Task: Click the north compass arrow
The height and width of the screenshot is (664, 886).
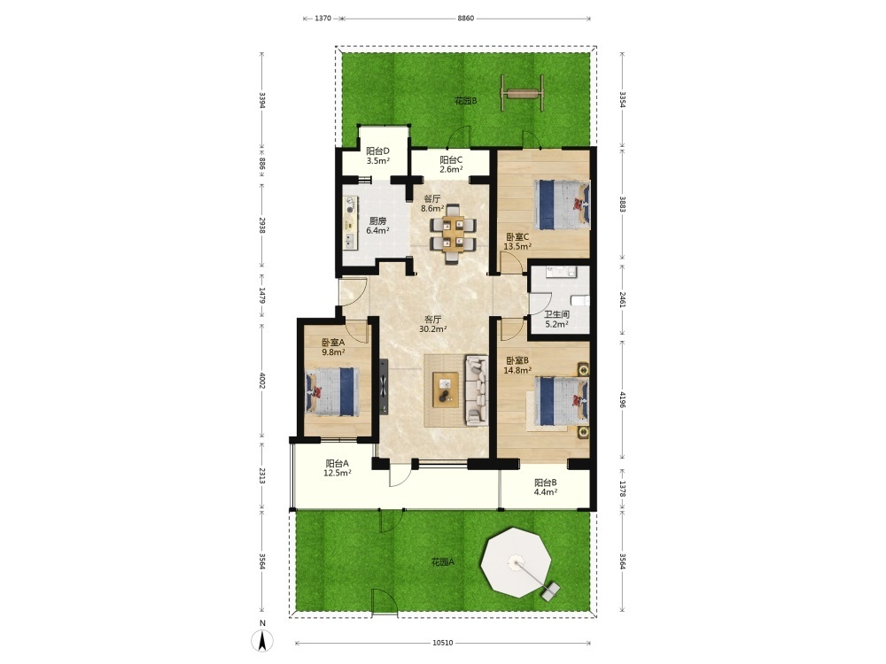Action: pos(262,641)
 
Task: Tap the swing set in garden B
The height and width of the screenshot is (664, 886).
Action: pos(523,93)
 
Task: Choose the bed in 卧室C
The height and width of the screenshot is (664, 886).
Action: pos(563,205)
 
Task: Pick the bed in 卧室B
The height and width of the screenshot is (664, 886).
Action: pos(559,401)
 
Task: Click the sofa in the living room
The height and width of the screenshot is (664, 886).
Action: pos(477,390)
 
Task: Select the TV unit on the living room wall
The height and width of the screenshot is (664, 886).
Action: pos(384,386)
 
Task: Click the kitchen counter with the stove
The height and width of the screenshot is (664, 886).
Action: pos(350,223)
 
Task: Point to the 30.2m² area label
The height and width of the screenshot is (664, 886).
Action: pos(433,328)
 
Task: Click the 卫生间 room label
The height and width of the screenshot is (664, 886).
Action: pos(556,314)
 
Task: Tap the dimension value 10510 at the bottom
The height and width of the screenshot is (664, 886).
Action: pos(443,643)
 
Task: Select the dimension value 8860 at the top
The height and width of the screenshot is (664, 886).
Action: pos(466,18)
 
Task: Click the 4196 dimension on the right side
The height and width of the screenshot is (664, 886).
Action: pos(622,399)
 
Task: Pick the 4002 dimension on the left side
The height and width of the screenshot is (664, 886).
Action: pos(262,380)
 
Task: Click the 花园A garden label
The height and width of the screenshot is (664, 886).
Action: pos(442,562)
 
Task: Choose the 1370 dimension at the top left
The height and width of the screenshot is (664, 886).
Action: pos(323,18)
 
